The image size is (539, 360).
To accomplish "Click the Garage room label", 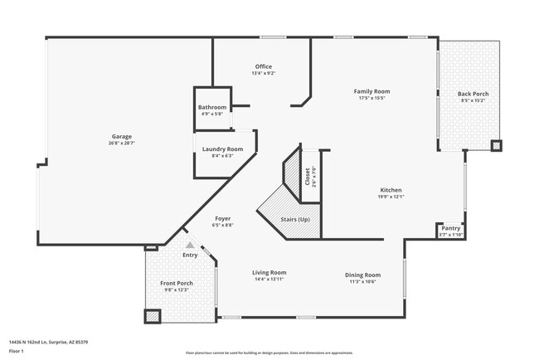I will [122, 136].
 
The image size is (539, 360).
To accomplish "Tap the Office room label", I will [263, 66].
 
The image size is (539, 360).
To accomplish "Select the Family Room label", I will [371, 90].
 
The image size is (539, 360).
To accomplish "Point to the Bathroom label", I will [211, 107].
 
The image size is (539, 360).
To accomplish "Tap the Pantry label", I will [451, 228].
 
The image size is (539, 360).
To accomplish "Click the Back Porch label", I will [473, 94].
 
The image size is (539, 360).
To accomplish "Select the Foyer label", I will [222, 217].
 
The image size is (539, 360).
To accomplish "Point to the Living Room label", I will [269, 272].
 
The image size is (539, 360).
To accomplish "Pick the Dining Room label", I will [362, 275].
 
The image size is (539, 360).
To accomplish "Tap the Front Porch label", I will [176, 283].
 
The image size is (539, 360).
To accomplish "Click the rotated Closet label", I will [307, 176].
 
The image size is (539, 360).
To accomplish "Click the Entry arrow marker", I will [190, 246].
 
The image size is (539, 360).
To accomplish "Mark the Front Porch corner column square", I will [152, 315].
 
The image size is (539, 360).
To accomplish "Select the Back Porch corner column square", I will [496, 146].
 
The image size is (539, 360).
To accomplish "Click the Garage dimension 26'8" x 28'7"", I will [122, 144].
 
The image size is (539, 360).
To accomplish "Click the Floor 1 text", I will [15, 352].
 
